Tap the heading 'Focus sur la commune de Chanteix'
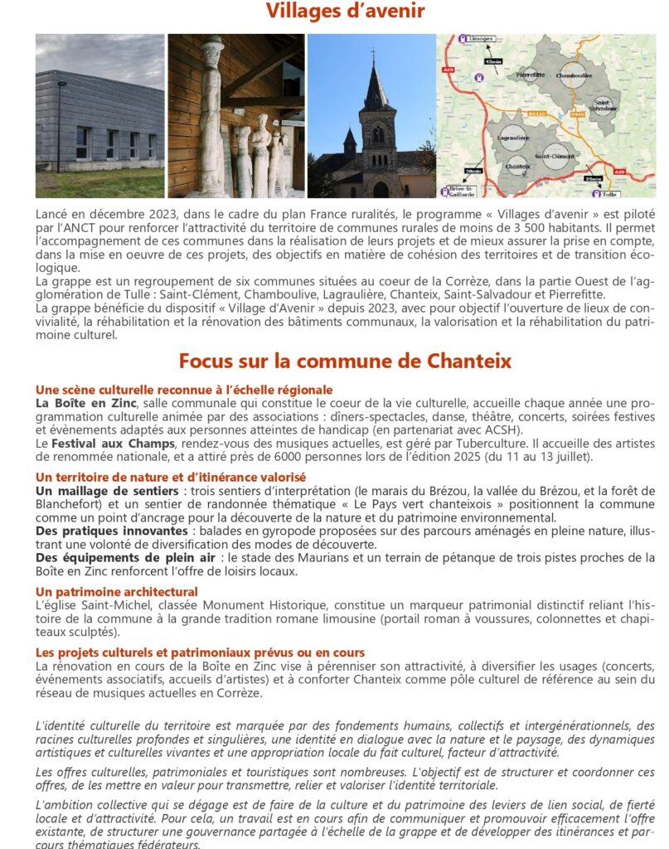point(345,361)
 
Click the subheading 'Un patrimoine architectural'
point(117,591)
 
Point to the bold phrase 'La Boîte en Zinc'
point(81,403)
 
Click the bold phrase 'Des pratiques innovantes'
point(111,531)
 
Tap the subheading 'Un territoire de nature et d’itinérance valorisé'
point(171,477)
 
